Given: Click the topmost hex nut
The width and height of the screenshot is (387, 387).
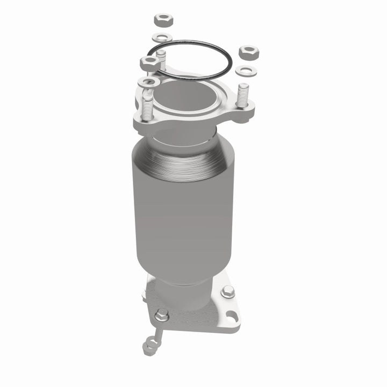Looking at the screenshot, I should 163,21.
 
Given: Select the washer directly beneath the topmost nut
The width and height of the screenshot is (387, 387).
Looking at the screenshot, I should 162,38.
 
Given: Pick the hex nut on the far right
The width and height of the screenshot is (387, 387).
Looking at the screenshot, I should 248,53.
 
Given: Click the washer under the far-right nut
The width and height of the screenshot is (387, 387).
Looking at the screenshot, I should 246,71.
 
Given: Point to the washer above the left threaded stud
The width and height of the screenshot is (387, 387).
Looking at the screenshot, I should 148,82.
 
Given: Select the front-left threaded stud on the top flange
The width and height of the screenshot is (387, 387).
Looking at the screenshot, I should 147,105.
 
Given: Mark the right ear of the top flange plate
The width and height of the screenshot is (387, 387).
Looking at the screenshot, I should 245,113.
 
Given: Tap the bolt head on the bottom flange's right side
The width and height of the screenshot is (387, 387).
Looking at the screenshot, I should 227,292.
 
